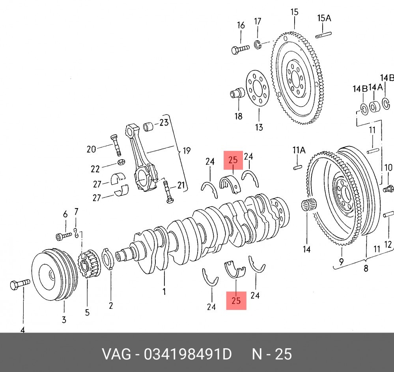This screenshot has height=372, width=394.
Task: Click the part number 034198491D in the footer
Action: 187,354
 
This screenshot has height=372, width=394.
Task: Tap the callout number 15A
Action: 324,18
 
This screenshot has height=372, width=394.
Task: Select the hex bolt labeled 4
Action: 20,284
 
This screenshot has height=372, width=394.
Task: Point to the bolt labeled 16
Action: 240,49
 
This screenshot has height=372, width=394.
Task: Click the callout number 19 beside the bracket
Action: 187,151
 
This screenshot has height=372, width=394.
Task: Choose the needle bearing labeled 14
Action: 309,205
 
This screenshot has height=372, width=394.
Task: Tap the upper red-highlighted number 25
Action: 233,160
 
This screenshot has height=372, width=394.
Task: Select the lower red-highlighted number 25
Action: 236,300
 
